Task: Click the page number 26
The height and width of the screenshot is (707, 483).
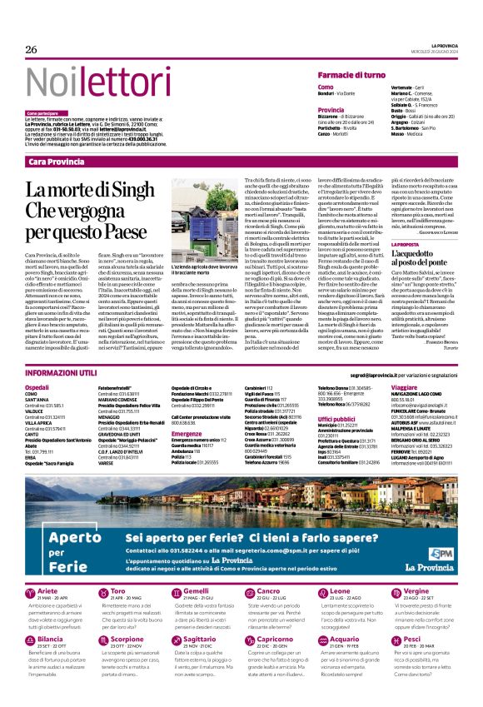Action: [31, 49]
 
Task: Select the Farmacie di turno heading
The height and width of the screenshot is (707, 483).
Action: [355, 75]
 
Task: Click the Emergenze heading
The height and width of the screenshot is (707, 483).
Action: [187, 433]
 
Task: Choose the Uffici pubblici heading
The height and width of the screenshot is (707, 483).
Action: [336, 419]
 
